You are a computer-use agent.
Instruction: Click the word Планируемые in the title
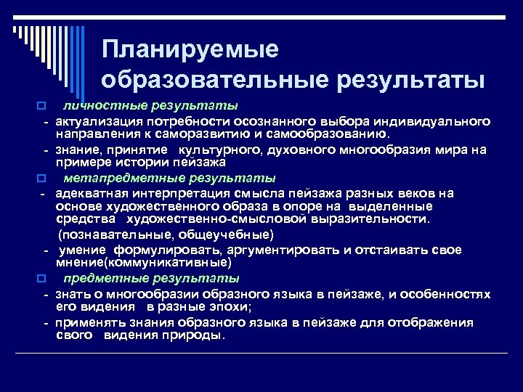(x=190, y=50)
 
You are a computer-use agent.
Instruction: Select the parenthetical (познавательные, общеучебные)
(x=166, y=234)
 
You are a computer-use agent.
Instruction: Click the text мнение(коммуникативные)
(x=144, y=263)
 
